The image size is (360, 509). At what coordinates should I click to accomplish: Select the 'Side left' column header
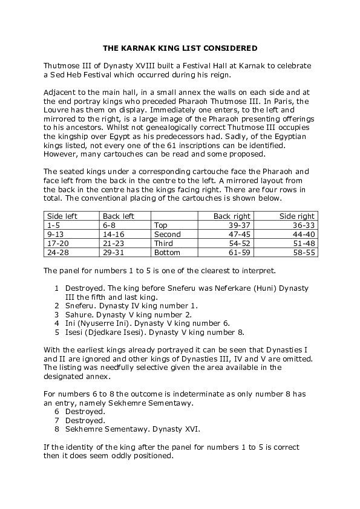coord(62,216)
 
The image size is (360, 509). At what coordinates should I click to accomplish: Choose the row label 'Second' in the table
coord(167,234)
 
